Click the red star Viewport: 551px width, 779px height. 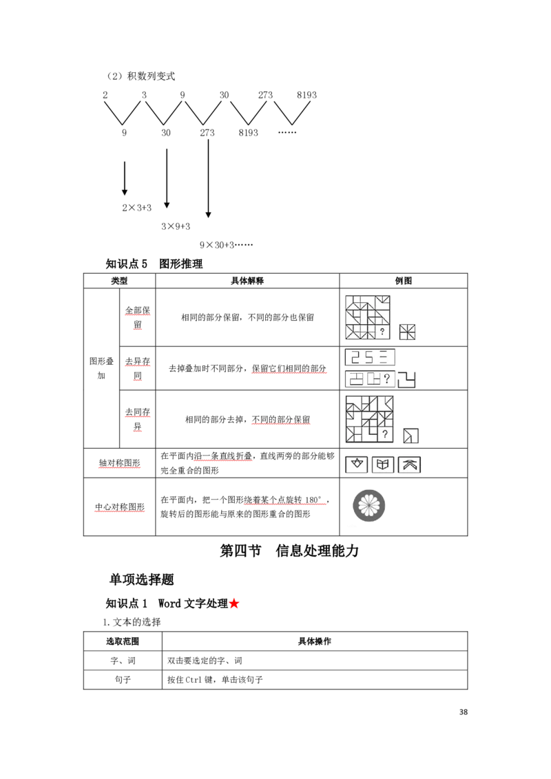(234, 604)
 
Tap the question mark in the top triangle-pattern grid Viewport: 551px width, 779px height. (382, 332)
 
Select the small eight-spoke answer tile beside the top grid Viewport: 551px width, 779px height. (408, 332)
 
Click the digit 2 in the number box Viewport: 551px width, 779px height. (355, 357)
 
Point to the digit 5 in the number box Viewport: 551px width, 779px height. (369, 357)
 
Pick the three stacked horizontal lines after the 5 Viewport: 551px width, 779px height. (384, 357)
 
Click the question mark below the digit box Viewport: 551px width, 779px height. (386, 378)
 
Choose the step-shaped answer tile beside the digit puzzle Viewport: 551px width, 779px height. (407, 379)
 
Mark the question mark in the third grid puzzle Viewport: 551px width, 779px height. (384, 434)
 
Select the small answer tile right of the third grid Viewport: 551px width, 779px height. (410, 436)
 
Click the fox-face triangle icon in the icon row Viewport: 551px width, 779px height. (357, 465)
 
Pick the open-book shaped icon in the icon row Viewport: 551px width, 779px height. (383, 465)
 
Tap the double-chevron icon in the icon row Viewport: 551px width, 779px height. (410, 465)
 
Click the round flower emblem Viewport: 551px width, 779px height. (369, 506)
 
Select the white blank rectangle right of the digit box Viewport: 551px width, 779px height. (430, 361)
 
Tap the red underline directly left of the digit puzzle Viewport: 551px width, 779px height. (289, 372)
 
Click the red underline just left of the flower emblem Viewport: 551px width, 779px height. (286, 504)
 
